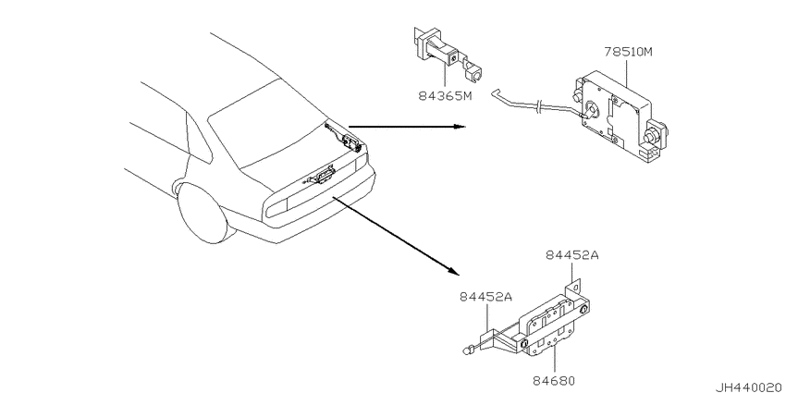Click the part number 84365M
tap(446, 96)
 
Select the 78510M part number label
tap(628, 52)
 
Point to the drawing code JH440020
tap(749, 387)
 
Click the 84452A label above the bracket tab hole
tap(572, 255)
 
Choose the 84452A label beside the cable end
tap(485, 297)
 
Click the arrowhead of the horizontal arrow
tap(461, 127)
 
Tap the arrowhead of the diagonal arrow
tap(453, 271)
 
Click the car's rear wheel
tap(200, 212)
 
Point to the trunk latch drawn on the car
tap(318, 177)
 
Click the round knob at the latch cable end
tap(467, 349)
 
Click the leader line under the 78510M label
tap(627, 72)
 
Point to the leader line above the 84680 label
tap(555, 359)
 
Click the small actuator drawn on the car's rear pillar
tap(345, 139)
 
